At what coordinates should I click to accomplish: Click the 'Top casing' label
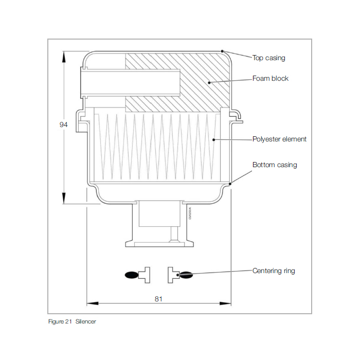tap(268, 58)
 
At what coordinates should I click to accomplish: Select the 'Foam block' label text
tap(271, 78)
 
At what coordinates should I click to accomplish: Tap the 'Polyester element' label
tap(279, 139)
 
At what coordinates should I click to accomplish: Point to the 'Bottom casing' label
tap(275, 165)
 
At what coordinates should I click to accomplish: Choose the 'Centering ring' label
tap(274, 271)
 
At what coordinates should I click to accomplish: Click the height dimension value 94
tap(64, 125)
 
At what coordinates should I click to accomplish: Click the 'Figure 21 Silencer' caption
tap(72, 322)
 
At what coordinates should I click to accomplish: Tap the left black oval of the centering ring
tap(132, 275)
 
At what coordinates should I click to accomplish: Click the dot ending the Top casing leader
tap(222, 50)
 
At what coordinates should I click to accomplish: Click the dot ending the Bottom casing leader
tap(230, 183)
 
